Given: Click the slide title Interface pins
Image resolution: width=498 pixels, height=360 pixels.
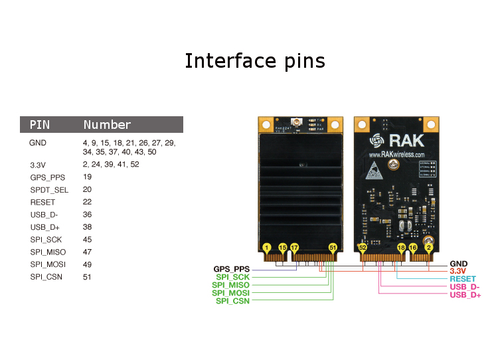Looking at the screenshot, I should click(x=254, y=61).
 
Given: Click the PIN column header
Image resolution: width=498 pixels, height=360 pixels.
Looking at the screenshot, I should click(x=40, y=125).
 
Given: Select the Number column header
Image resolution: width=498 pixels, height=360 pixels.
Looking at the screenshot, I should click(x=107, y=125).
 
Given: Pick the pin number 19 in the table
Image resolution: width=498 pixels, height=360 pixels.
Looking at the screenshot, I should click(x=88, y=177).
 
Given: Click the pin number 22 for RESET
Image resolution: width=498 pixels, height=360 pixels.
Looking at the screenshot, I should click(x=88, y=202).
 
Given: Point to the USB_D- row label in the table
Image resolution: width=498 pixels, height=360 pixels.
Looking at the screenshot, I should click(x=44, y=215).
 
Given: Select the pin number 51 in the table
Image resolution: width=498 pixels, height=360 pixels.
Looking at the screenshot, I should click(x=87, y=277).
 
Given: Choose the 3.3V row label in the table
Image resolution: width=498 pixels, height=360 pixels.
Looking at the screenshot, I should click(x=37, y=164).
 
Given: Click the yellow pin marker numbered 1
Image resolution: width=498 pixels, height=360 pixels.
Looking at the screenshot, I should click(x=266, y=247).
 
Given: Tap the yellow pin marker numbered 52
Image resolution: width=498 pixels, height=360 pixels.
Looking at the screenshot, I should click(x=363, y=247).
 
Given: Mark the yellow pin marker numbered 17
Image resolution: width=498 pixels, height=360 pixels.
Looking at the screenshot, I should click(x=294, y=247).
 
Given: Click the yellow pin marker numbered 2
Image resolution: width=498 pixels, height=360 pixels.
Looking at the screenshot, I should click(x=429, y=247).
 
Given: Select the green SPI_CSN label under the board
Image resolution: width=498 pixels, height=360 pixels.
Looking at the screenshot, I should click(x=232, y=301).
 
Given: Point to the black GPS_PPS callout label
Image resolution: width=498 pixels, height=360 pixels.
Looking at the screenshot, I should click(x=231, y=269).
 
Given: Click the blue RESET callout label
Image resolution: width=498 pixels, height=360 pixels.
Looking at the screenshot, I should click(x=463, y=279).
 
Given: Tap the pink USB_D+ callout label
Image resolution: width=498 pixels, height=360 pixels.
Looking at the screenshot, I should click(x=465, y=295).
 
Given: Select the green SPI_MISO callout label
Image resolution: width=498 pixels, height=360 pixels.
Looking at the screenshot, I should click(x=230, y=285).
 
